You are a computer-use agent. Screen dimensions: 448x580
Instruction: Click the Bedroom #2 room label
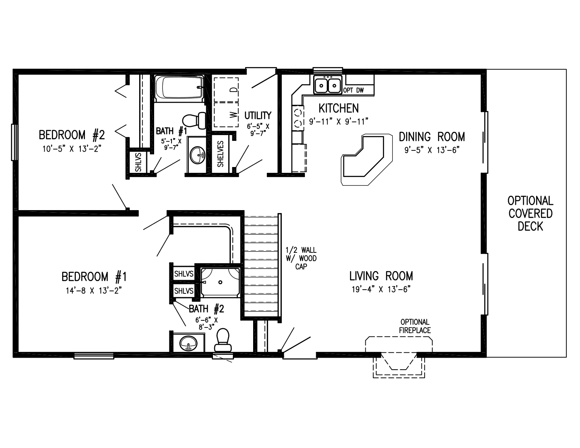[x=72, y=135]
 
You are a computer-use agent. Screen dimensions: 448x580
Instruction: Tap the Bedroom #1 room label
[x=94, y=276]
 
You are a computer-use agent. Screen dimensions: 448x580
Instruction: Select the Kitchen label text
[x=338, y=109]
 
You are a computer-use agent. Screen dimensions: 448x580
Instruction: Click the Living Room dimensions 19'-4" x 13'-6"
[x=381, y=289]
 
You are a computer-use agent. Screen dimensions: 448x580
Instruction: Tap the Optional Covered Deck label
[x=530, y=213]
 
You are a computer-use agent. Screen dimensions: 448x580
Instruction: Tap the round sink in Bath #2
[x=188, y=343]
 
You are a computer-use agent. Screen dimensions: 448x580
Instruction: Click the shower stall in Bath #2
[x=220, y=282]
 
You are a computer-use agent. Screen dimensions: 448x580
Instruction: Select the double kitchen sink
[x=328, y=86]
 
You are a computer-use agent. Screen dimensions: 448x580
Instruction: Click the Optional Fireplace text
[x=415, y=326]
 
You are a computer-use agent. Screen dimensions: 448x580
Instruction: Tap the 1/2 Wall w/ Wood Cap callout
[x=301, y=258]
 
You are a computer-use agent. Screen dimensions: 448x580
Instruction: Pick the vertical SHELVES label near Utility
[x=220, y=154]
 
